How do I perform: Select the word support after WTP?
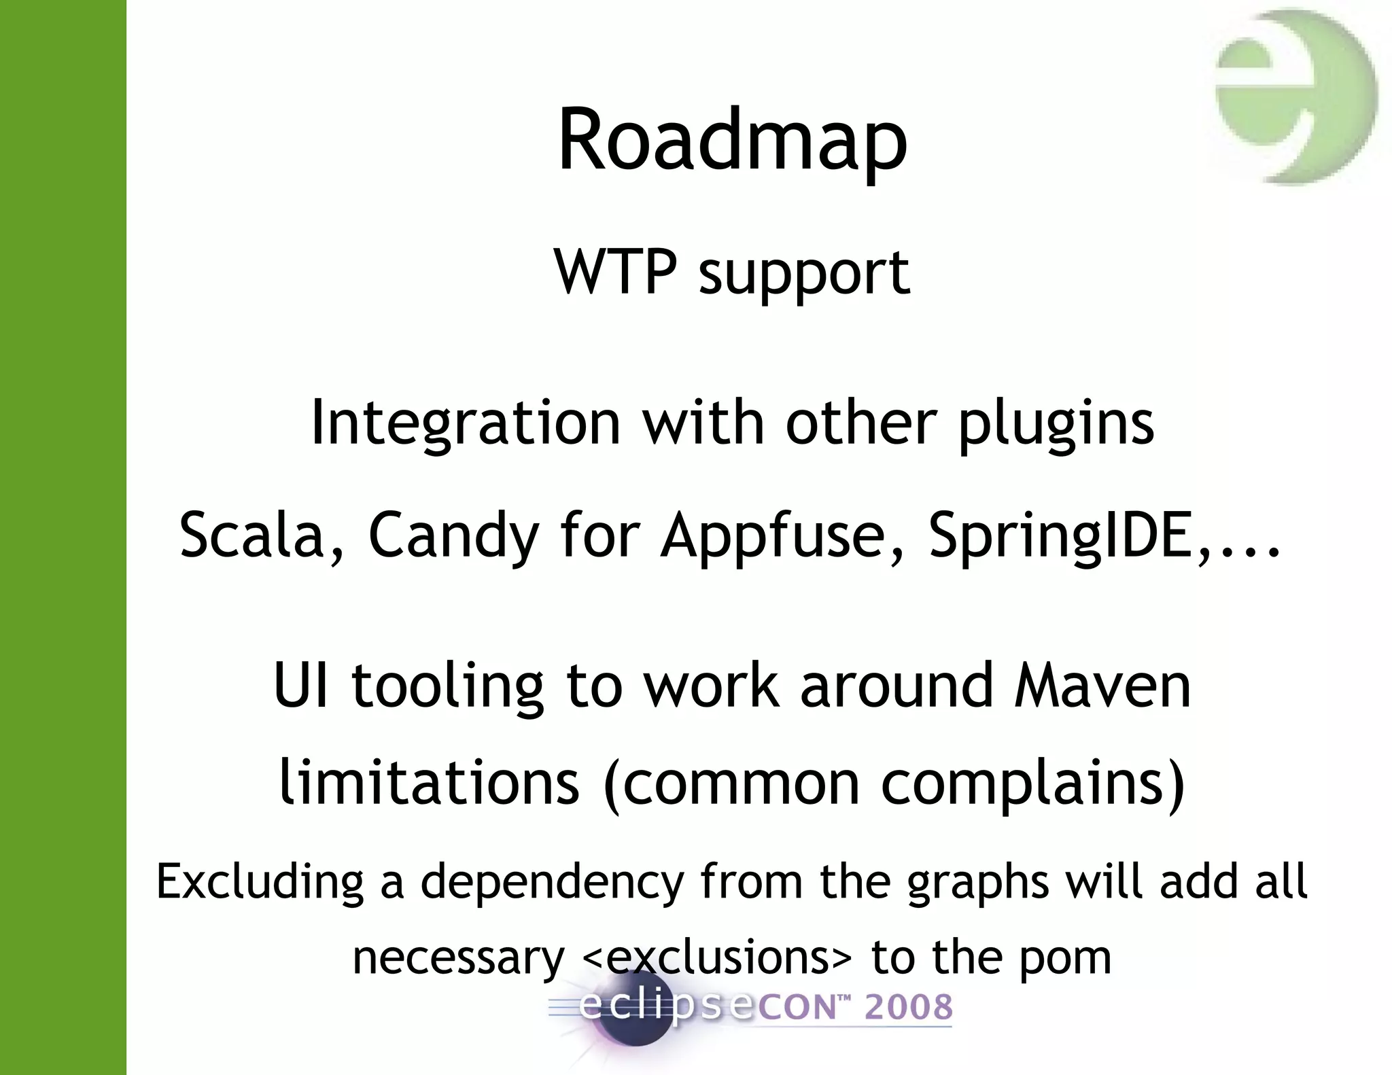click(804, 275)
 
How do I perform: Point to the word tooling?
click(447, 688)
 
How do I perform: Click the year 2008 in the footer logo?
click(908, 1007)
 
